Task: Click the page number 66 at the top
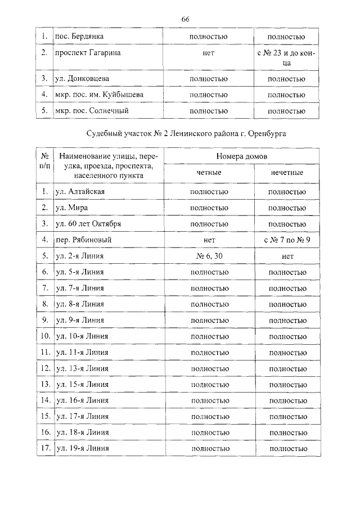pos(185,19)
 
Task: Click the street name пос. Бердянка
pos(79,37)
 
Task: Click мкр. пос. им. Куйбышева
pos(99,95)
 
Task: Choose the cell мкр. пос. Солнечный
pos(92,111)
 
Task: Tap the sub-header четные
pos(209,172)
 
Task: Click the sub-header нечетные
pos(287,172)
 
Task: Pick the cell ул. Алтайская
pos(80,192)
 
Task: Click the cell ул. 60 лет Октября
pos(88,224)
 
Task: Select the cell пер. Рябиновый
pos(84,240)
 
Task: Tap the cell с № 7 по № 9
pos(287,240)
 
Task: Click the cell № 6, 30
pos(209,256)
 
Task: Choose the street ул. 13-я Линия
pos(82,368)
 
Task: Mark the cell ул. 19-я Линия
pos(82,448)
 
